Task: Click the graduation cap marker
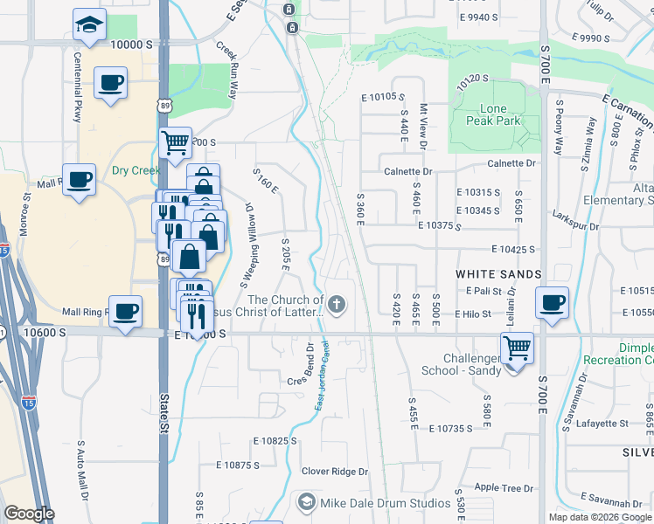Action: [x=88, y=27]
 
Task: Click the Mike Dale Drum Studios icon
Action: [x=306, y=502]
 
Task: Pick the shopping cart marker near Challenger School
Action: [x=517, y=348]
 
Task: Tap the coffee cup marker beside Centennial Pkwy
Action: [x=110, y=84]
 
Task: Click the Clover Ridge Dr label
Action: [x=336, y=472]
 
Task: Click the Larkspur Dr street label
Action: [x=575, y=226]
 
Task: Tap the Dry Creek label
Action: [x=136, y=170]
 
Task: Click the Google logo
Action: [x=29, y=514]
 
